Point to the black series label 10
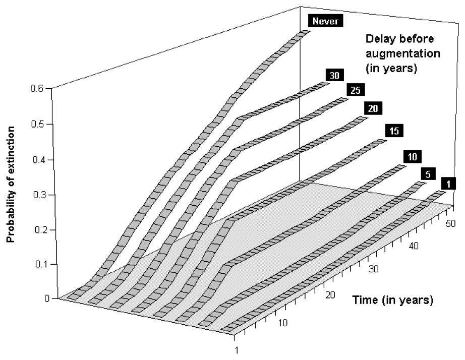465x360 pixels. coord(412,157)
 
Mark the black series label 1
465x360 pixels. coord(446,184)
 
